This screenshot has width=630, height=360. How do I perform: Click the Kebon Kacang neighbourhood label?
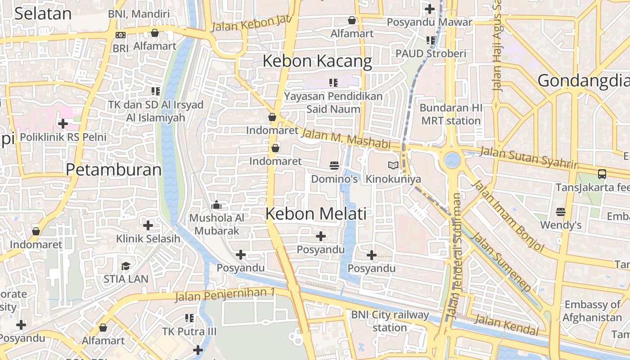317,61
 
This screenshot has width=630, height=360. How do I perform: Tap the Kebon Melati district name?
316,214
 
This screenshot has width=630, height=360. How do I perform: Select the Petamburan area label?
113,170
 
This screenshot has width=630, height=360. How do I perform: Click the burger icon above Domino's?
334,166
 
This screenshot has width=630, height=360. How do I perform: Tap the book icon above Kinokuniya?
393,166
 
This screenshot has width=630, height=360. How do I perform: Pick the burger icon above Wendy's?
561,211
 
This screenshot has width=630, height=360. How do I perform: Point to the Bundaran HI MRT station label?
451,114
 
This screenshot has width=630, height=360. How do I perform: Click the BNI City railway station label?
390,321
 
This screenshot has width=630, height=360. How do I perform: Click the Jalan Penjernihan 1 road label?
225,294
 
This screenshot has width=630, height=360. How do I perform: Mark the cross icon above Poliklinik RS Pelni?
63,123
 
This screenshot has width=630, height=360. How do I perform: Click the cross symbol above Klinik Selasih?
148,225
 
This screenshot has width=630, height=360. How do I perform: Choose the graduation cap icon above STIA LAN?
126,266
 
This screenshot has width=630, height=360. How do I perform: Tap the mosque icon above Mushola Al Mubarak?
216,205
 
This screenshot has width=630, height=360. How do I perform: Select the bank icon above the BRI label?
121,35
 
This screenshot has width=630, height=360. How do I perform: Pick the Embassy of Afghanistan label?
593,311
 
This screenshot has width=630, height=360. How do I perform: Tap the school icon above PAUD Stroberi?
431,40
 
